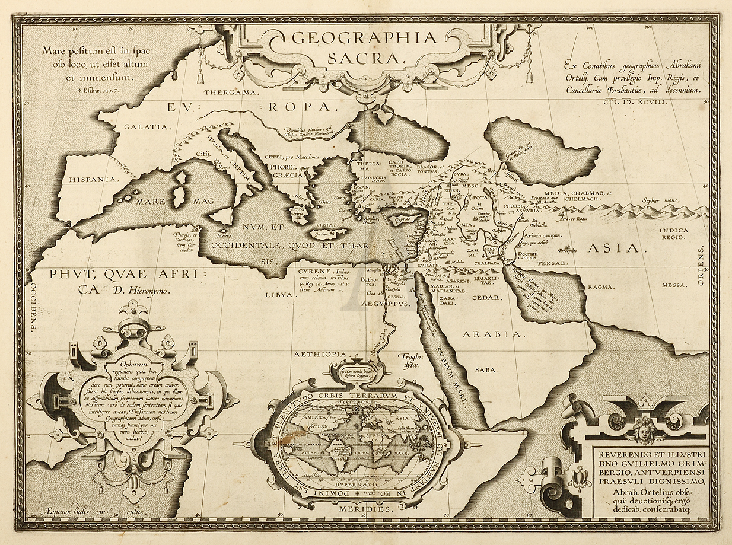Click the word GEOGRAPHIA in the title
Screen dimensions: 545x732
364,38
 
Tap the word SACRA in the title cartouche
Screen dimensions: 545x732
364,58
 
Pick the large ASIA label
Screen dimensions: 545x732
614,248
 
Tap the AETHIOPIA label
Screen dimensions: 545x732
319,354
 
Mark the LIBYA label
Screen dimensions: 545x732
279,294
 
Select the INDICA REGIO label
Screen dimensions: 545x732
671,233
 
